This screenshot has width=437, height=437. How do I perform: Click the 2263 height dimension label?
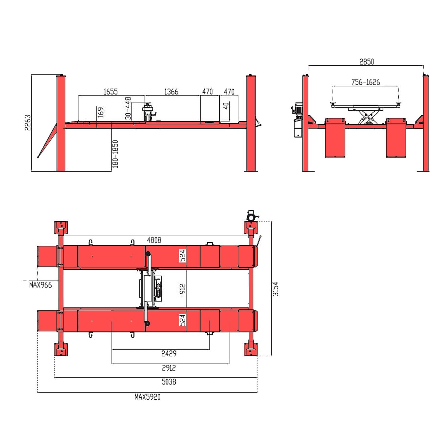pyautogui.click(x=28, y=123)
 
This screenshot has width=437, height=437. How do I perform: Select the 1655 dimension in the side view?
pyautogui.click(x=111, y=92)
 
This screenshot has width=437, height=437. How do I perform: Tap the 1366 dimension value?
pyautogui.click(x=171, y=92)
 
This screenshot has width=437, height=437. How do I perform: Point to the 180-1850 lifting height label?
pyautogui.click(x=115, y=154)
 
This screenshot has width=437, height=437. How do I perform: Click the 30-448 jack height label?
pyautogui.click(x=128, y=108)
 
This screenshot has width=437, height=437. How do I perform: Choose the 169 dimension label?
pyautogui.click(x=101, y=112)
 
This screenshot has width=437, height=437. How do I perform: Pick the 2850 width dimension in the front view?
pyautogui.click(x=366, y=62)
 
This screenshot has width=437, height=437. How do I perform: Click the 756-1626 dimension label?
pyautogui.click(x=366, y=82)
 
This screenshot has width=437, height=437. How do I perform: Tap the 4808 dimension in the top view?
pyautogui.click(x=154, y=240)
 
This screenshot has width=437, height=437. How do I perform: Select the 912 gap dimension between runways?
pyautogui.click(x=183, y=289)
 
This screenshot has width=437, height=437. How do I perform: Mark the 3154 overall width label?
pyautogui.click(x=276, y=289)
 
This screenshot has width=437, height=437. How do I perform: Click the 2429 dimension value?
pyautogui.click(x=169, y=353)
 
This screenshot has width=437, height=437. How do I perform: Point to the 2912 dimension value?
pyautogui.click(x=169, y=368)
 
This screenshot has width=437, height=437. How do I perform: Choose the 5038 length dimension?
pyautogui.click(x=169, y=382)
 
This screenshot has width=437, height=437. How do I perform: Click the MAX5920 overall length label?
pyautogui.click(x=147, y=397)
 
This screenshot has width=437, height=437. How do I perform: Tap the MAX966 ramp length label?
pyautogui.click(x=40, y=285)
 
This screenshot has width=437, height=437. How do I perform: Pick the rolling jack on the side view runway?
pyautogui.click(x=149, y=112)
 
